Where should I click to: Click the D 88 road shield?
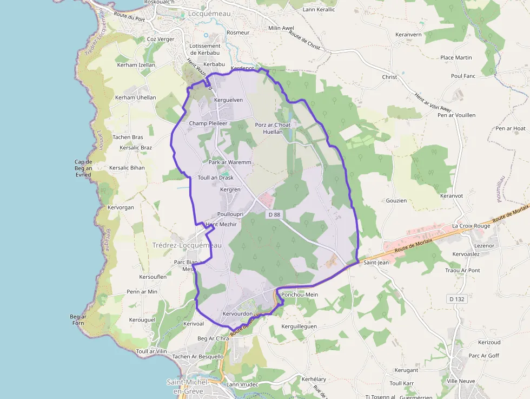[274, 215]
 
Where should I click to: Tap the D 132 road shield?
[456, 299]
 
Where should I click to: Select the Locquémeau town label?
[210, 14]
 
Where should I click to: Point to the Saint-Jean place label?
[376, 263]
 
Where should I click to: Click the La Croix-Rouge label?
[471, 226]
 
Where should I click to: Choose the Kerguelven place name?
[229, 100]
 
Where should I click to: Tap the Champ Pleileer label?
[208, 123]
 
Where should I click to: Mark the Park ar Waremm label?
[227, 162]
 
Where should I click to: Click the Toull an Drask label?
[216, 178]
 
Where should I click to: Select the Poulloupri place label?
[230, 214]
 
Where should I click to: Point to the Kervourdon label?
[237, 314]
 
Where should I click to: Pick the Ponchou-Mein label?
[300, 295]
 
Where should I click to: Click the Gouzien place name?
[396, 200]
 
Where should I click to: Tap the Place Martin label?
[456, 57]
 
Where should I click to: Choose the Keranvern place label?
[408, 34]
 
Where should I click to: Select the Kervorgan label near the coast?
[121, 207]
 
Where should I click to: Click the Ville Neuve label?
[460, 381]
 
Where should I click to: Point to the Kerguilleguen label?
[299, 326]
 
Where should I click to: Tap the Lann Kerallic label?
[319, 10]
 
